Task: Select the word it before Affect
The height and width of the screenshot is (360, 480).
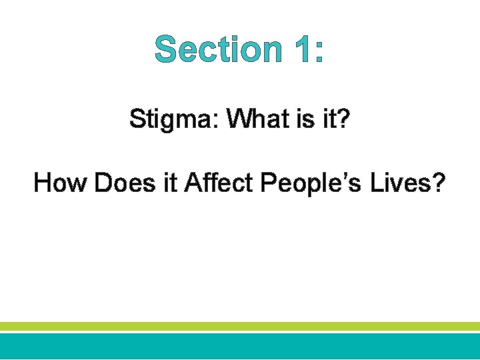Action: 172,182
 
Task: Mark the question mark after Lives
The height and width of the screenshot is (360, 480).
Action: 438,182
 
